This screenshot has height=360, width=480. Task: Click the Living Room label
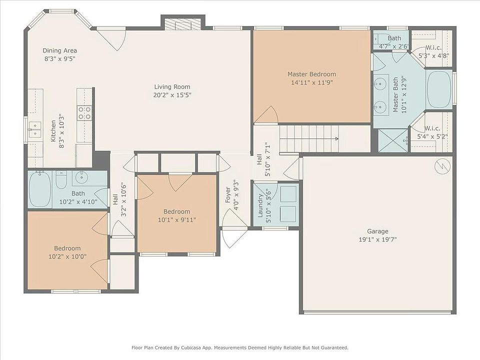pyautogui.click(x=172, y=87)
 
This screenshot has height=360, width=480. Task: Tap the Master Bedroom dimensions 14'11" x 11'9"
pyautogui.click(x=311, y=82)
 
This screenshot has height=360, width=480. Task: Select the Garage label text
pyautogui.click(x=378, y=231)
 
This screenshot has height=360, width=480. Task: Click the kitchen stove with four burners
pyautogui.click(x=84, y=113)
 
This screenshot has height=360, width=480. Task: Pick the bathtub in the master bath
pyautogui.click(x=438, y=89)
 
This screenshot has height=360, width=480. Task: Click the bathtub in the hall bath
pyautogui.click(x=40, y=189)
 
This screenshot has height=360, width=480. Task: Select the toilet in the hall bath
pyautogui.click(x=61, y=179)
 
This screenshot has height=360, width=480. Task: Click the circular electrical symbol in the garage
pyautogui.click(x=442, y=166)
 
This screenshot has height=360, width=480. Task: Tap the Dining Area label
pyautogui.click(x=59, y=50)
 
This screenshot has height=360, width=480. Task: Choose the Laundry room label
pyautogui.click(x=260, y=205)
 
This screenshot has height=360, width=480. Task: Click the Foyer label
pyautogui.click(x=228, y=195)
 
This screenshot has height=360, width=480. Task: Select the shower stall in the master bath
pyautogui.click(x=393, y=140)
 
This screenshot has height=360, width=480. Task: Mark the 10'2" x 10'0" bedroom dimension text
pyautogui.click(x=67, y=256)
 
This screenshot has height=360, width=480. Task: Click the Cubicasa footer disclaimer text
pyautogui.click(x=240, y=348)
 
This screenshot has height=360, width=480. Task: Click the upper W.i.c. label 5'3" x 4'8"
pyautogui.click(x=434, y=51)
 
